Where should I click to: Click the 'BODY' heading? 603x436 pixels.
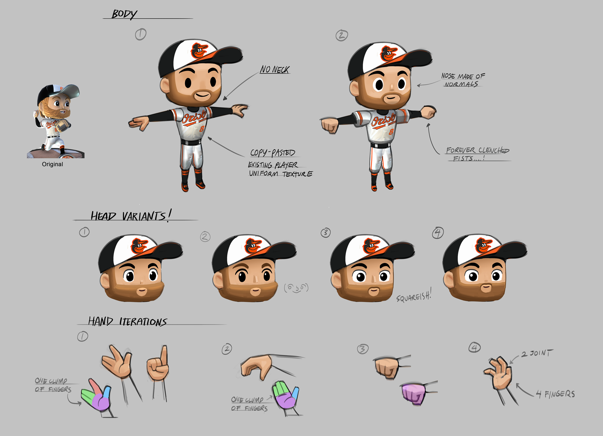coord(124,14)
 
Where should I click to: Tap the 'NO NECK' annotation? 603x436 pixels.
coord(275,70)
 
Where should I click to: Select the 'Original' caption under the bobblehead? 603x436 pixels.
coord(52,164)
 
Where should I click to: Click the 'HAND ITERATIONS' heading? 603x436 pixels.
coord(127,322)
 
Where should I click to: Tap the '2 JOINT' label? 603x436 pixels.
coord(537,353)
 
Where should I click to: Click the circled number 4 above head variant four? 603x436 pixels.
coord(438,233)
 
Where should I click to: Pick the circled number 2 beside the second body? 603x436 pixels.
coord(342,36)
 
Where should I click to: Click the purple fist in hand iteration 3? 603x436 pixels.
coord(413,394)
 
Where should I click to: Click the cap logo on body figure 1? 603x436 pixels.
coord(199,51)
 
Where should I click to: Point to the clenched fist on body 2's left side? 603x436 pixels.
coord(329,126)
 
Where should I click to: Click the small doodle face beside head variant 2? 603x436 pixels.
coord(296,288)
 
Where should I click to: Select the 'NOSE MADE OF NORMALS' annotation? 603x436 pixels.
coord(463,80)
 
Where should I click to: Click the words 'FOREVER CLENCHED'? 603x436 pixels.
coord(478,150)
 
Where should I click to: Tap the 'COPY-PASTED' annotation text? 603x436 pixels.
coord(273,153)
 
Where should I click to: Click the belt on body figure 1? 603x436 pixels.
coord(191,142)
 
